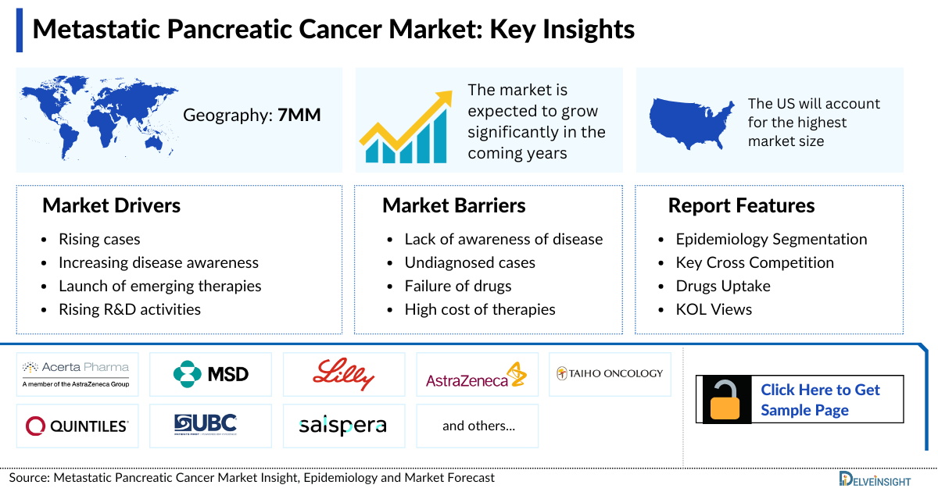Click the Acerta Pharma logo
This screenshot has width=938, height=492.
click(77, 374)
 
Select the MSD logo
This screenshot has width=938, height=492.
click(210, 374)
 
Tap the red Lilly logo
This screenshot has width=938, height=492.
click(344, 374)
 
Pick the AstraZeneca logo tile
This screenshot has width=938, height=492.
click(477, 375)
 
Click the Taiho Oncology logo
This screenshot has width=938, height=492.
click(610, 374)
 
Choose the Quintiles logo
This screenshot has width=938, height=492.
click(77, 426)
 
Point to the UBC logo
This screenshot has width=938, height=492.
click(210, 425)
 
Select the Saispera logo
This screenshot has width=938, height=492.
click(344, 426)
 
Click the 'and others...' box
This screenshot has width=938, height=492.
click(478, 426)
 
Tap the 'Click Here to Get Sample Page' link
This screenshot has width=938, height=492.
click(820, 400)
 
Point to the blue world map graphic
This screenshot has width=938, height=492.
click(98, 117)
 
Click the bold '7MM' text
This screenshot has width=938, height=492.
click(299, 116)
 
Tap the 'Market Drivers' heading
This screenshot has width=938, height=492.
click(111, 205)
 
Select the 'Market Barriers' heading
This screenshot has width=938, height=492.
click(453, 205)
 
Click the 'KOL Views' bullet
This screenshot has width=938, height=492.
click(714, 309)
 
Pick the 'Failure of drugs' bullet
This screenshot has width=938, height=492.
click(457, 286)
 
